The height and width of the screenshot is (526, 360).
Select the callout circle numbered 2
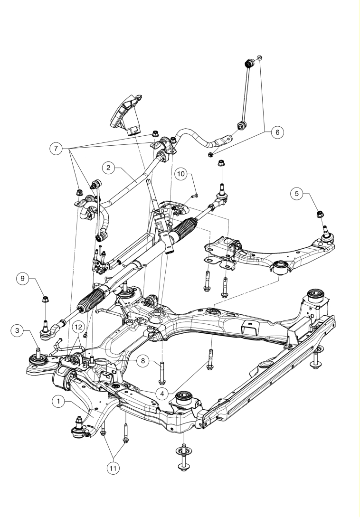(x=108, y=168)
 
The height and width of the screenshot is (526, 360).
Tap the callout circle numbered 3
(x=17, y=330)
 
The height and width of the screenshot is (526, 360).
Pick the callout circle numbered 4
(x=162, y=394)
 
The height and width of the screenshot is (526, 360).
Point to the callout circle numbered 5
(x=296, y=194)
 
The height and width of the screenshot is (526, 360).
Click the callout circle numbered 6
(x=277, y=132)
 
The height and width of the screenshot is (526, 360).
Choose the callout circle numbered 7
(x=56, y=148)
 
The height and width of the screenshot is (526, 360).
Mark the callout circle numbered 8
(x=143, y=361)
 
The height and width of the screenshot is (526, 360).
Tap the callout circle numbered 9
(x=22, y=279)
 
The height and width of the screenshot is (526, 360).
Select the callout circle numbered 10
(x=181, y=174)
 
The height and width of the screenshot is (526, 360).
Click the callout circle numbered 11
(x=113, y=468)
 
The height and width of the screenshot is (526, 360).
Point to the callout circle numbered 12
(x=78, y=327)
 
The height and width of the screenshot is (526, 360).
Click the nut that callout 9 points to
(x=45, y=299)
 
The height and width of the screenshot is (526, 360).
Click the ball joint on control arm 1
(x=79, y=429)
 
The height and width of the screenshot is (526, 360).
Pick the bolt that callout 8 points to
(x=162, y=372)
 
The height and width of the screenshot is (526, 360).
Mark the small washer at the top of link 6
(x=259, y=58)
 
